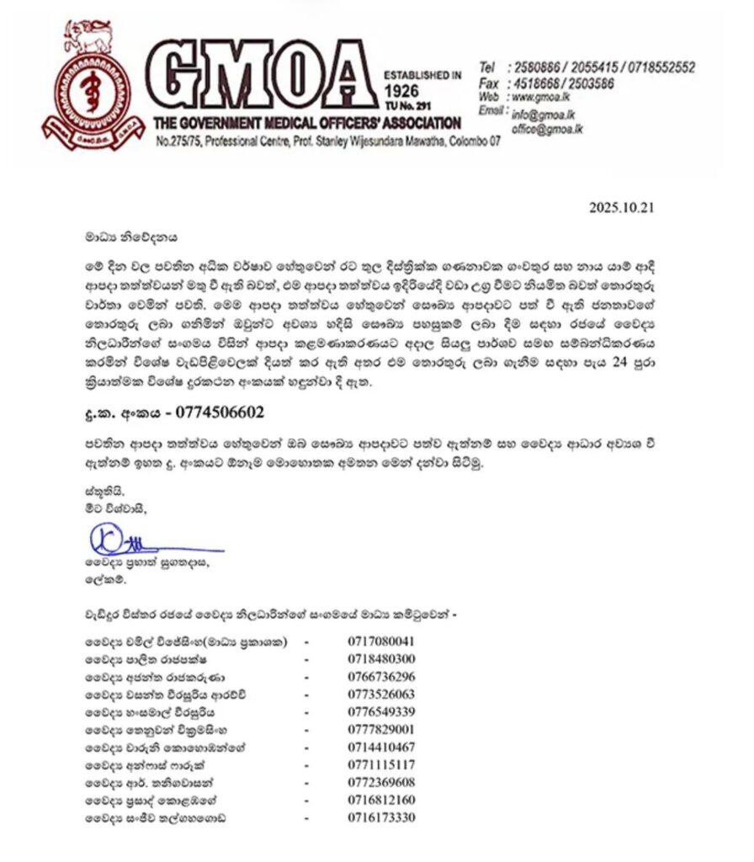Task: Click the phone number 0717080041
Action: [x=381, y=641]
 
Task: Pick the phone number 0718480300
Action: [x=381, y=658]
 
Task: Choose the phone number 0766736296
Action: [x=381, y=676]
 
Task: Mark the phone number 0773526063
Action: [x=381, y=694]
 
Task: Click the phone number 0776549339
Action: [x=381, y=711]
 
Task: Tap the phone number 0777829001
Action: [x=381, y=729]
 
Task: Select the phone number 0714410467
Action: [x=381, y=747]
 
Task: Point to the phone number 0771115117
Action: [x=381, y=764]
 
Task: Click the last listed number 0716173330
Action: [x=381, y=817]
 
